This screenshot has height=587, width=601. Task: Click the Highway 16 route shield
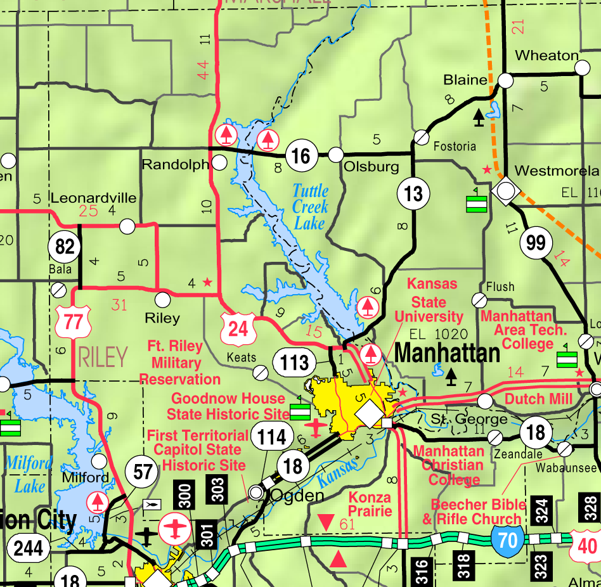tap(301, 155)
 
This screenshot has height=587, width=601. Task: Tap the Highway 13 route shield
tap(413, 193)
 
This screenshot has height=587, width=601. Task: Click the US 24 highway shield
tap(238, 327)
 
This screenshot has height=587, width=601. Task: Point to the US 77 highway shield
tap(73, 322)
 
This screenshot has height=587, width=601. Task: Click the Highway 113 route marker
tap(295, 363)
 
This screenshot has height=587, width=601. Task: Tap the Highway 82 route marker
tap(65, 246)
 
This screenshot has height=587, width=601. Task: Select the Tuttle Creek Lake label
tap(310, 207)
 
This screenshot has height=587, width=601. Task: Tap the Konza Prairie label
tap(370, 504)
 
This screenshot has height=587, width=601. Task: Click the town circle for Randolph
tap(219, 162)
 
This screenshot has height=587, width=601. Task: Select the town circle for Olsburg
tap(336, 155)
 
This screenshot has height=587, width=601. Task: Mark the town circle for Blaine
tap(505, 81)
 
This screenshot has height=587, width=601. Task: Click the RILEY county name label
tap(103, 358)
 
